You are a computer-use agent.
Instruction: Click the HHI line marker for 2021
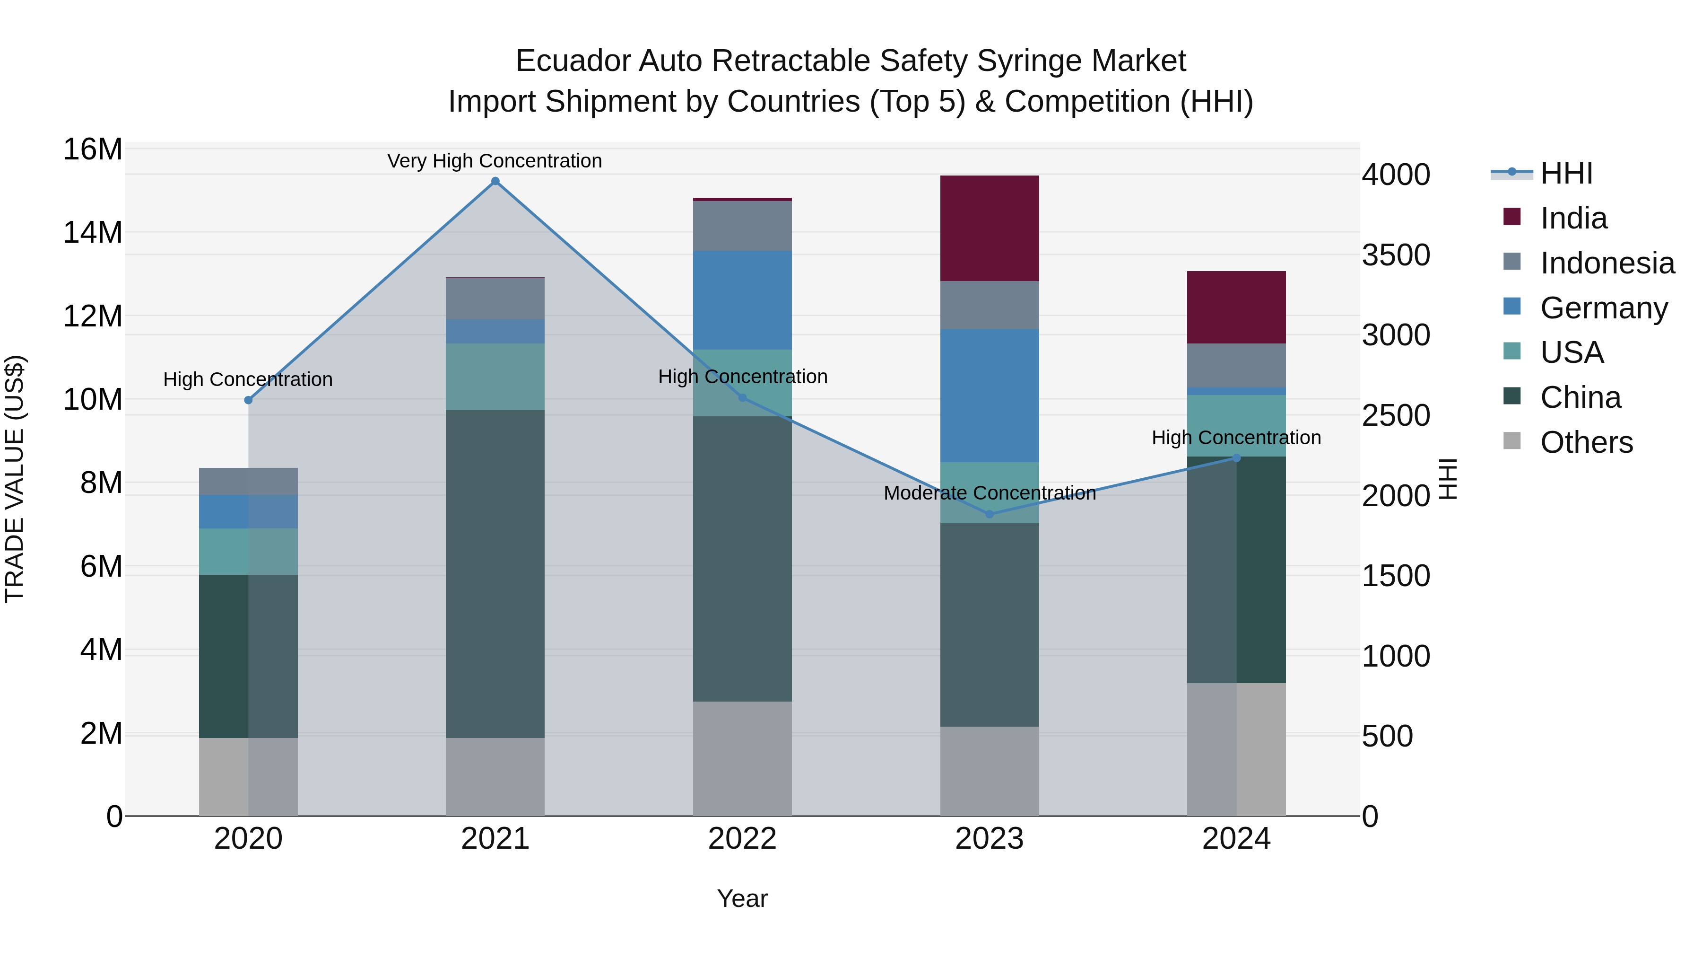pos(495,181)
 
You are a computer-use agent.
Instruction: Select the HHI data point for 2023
pos(989,514)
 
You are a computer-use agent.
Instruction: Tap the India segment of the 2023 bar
pos(989,228)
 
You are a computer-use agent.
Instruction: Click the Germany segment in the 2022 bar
pos(742,299)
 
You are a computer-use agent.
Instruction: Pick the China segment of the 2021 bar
pos(495,573)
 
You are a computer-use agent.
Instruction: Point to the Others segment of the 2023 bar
pos(989,771)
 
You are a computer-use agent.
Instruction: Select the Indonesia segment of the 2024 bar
pos(1236,365)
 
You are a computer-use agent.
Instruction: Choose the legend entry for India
pos(1572,218)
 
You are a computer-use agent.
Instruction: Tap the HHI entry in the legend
pos(1566,173)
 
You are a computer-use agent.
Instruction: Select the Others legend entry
pos(1586,442)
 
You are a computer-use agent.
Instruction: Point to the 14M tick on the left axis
pos(93,233)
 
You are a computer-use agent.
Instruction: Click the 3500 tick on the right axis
pos(1396,255)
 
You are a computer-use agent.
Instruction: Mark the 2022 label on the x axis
pos(742,839)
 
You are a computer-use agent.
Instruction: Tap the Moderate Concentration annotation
pos(989,493)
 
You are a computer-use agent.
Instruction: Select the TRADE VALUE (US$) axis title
pos(15,479)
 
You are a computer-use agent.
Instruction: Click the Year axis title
pos(742,898)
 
